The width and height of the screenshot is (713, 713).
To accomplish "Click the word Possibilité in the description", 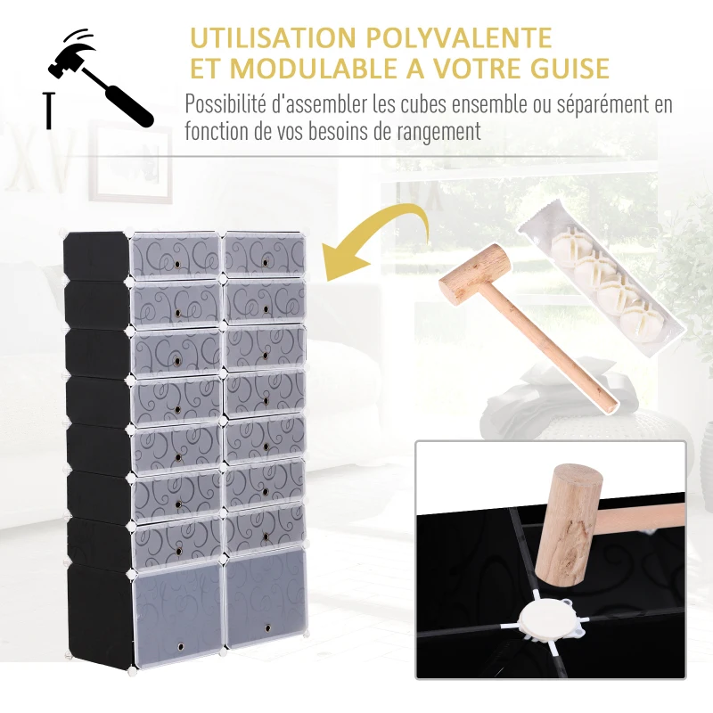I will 225,103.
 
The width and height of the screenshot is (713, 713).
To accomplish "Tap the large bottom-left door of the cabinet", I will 176,606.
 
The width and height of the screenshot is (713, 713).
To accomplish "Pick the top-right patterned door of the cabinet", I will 265,253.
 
